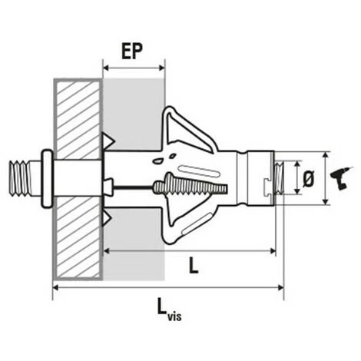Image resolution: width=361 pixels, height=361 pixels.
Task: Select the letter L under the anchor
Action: tap(194, 266)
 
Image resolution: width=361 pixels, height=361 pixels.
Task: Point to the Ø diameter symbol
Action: tap(308, 179)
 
